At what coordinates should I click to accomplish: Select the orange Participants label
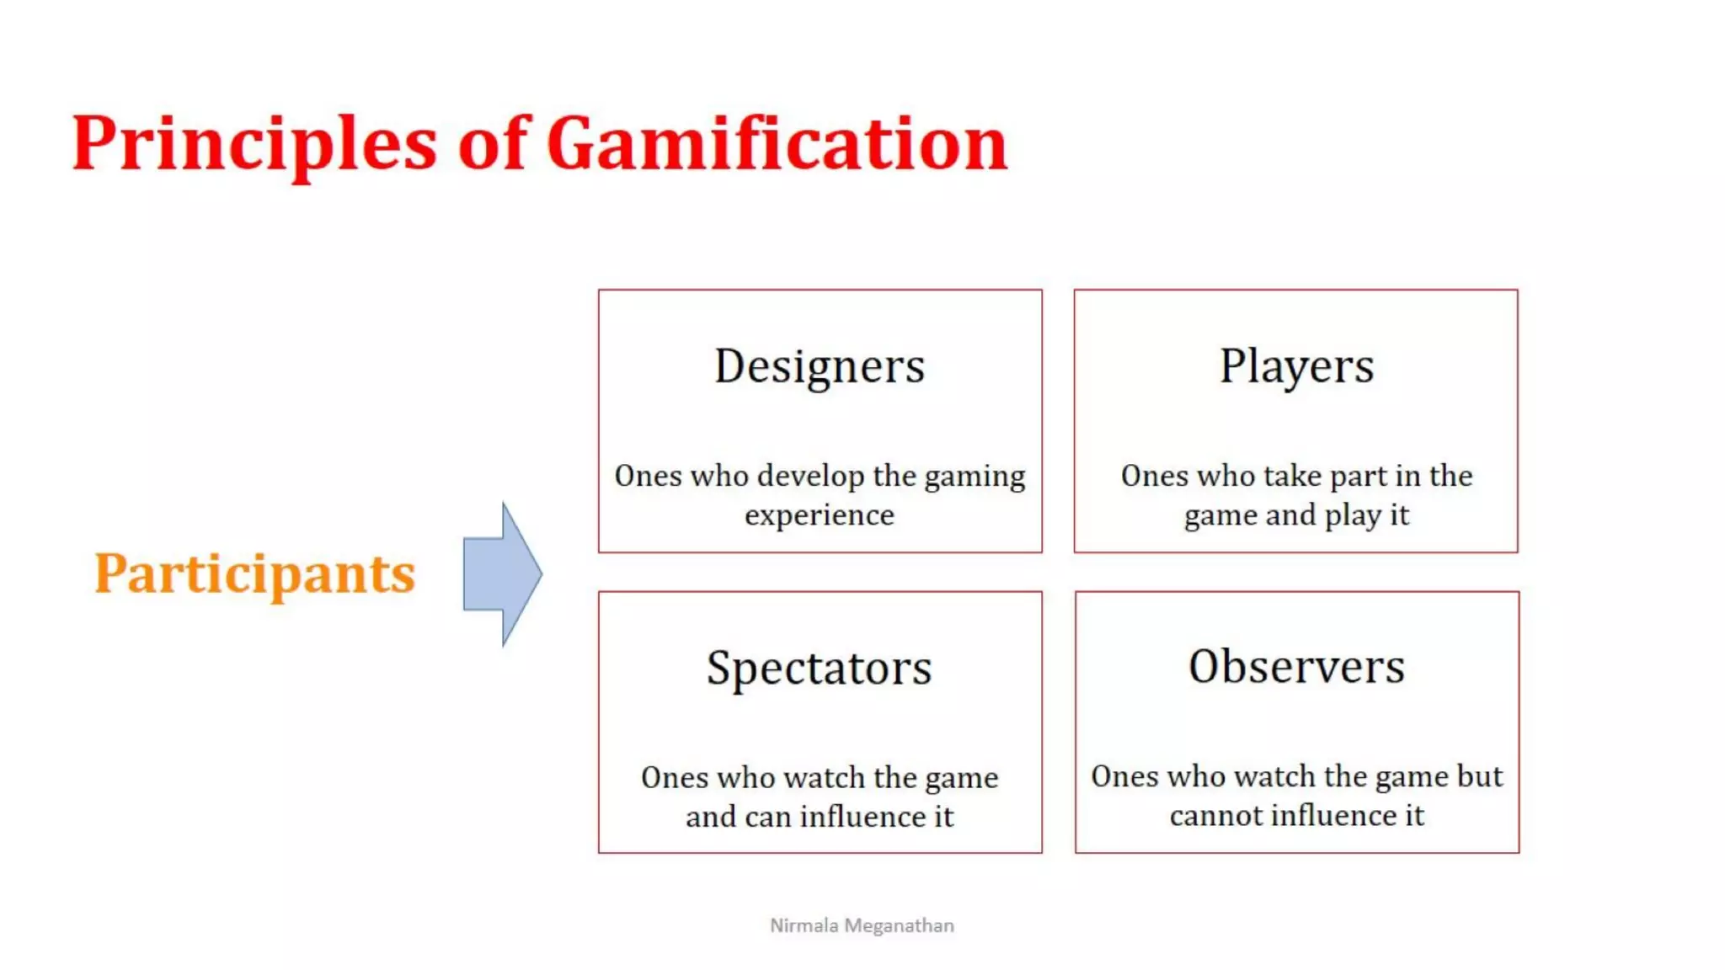pyautogui.click(x=254, y=574)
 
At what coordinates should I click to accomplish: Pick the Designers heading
pyautogui.click(x=820, y=366)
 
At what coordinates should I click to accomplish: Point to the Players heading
pyautogui.click(x=1296, y=366)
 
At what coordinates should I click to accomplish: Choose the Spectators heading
pyautogui.click(x=820, y=669)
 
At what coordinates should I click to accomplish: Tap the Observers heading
pyautogui.click(x=1296, y=667)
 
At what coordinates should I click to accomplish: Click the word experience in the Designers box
pyautogui.click(x=820, y=514)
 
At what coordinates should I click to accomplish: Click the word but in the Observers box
pyautogui.click(x=1480, y=776)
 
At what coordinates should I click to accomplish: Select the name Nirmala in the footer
pyautogui.click(x=804, y=925)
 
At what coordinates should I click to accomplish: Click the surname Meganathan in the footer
pyautogui.click(x=899, y=925)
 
